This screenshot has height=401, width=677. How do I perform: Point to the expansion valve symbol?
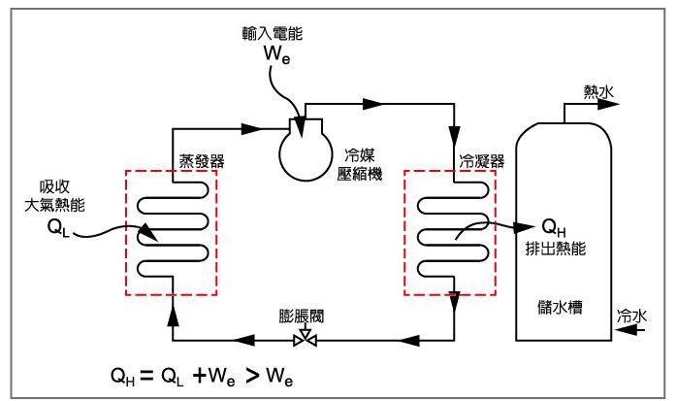tap(306, 339)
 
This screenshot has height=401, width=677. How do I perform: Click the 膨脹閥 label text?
tap(300, 317)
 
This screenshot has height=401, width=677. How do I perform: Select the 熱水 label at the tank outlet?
tap(598, 91)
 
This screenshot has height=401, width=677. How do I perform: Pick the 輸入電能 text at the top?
tap(273, 33)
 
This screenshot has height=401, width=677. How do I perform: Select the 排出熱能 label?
tap(551, 248)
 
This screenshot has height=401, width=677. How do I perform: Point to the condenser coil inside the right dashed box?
tap(451, 232)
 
